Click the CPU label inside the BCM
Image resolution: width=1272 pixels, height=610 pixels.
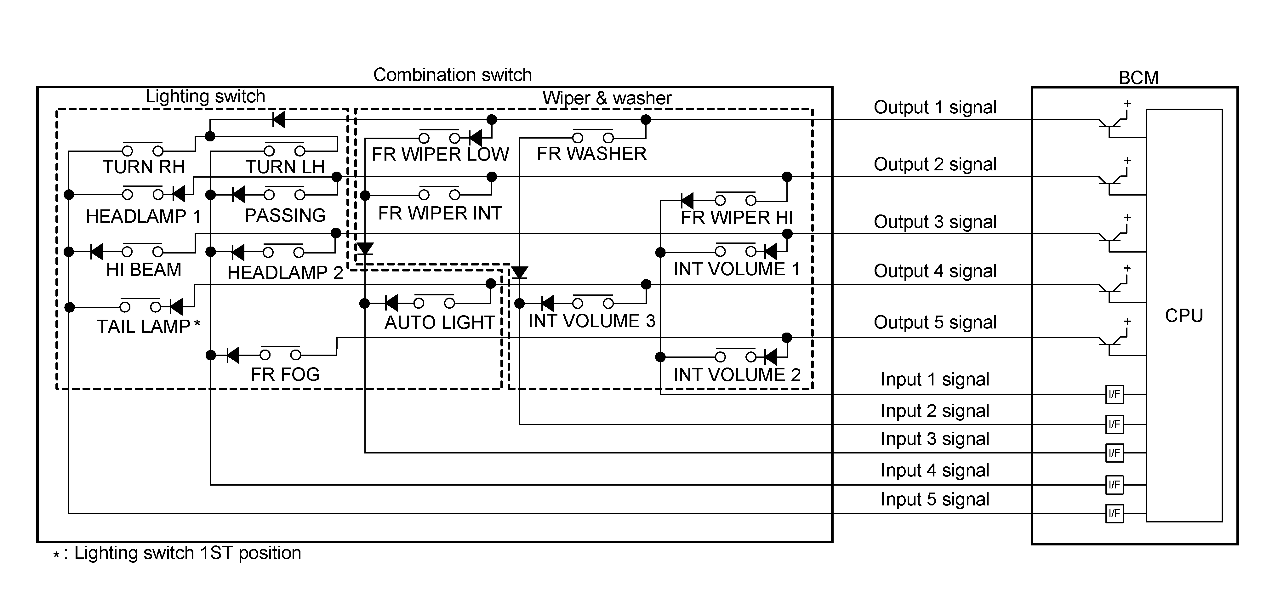click(x=1184, y=316)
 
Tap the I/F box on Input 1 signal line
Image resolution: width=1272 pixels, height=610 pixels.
click(x=1114, y=394)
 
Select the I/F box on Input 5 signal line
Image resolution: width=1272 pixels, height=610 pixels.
click(x=1114, y=514)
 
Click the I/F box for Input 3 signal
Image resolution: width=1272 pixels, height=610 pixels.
click(x=1114, y=453)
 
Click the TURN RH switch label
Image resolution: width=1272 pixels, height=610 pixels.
click(x=144, y=167)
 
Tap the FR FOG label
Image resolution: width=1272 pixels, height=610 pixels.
click(x=285, y=374)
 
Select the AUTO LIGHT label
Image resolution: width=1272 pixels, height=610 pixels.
click(x=439, y=322)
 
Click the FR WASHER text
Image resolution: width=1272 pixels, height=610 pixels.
click(x=591, y=154)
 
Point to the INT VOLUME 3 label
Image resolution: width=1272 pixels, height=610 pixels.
click(x=591, y=321)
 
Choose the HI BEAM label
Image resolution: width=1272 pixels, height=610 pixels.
click(x=144, y=270)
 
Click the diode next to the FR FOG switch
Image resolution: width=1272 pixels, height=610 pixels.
click(x=232, y=355)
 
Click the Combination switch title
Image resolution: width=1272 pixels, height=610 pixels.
click(x=452, y=75)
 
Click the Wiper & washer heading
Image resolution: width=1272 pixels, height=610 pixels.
click(x=607, y=98)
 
